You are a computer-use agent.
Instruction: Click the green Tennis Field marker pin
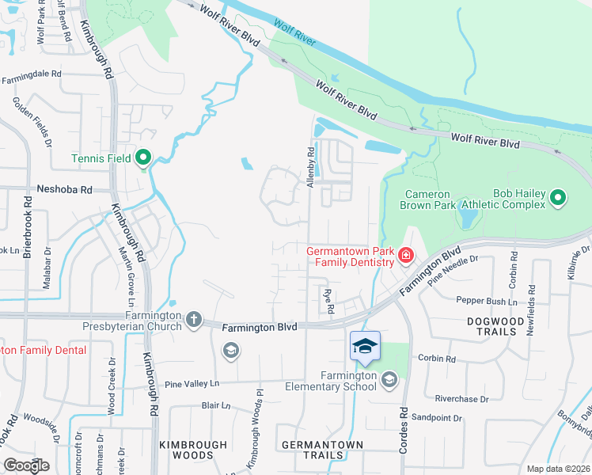tap(143, 158)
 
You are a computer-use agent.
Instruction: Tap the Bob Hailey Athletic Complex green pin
tap(559, 198)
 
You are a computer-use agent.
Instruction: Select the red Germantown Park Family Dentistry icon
tap(405, 255)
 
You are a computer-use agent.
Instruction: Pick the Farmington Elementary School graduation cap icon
tap(389, 381)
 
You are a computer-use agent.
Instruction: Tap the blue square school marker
tap(365, 347)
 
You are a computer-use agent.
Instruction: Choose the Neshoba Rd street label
tap(65, 190)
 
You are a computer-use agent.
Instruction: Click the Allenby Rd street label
tap(311, 161)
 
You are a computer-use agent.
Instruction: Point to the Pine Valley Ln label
tap(192, 384)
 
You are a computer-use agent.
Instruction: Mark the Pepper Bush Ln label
tap(487, 300)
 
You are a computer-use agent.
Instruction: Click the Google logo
tap(27, 465)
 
